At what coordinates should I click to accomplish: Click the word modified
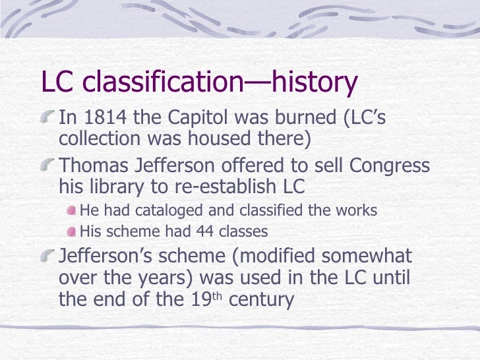(269, 256)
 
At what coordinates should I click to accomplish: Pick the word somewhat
(367, 256)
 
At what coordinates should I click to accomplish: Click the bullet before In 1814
(48, 119)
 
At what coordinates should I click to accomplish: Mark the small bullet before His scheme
(71, 231)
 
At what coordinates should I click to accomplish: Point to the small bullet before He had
(71, 212)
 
